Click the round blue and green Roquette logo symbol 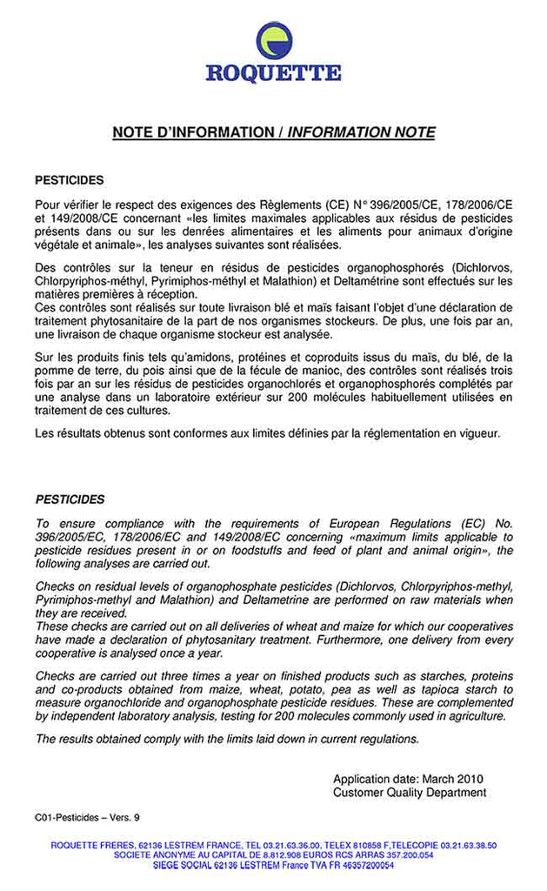tap(273, 40)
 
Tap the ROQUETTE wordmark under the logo tap(273, 73)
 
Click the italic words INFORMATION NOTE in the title tap(361, 132)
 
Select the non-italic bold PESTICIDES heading tap(70, 180)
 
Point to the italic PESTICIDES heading tap(70, 499)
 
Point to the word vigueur tap(479, 433)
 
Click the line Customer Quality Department tap(410, 793)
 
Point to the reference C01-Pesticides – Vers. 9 tap(87, 817)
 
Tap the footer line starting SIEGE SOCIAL tap(273, 866)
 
